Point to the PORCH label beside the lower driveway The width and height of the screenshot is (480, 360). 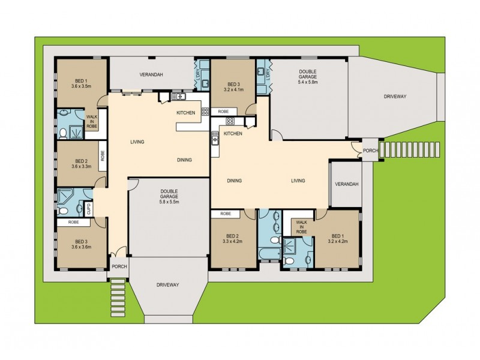click(118, 267)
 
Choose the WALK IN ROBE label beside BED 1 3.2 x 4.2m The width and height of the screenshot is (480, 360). click(301, 227)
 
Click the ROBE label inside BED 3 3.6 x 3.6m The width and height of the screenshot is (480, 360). click(73, 222)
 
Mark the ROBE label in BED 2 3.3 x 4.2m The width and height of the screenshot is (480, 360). click(226, 214)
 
